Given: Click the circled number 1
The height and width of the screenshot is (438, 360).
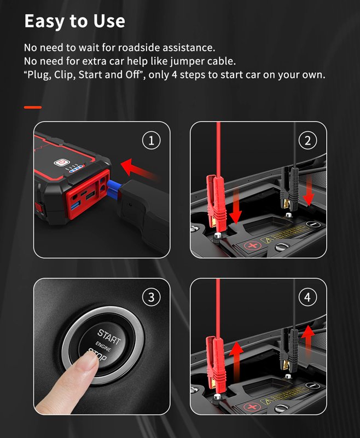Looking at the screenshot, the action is tap(151, 141).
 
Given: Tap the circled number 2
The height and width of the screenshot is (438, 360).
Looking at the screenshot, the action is tap(308, 141).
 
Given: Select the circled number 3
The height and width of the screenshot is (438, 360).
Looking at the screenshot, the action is tap(151, 297).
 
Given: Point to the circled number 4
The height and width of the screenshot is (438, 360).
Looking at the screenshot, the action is tap(308, 297).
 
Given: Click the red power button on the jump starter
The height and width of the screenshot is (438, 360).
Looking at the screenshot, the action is tap(61, 162).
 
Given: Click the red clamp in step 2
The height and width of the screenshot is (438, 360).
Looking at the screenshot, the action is tap(216, 201).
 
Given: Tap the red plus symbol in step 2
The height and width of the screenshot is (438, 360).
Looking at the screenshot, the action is tap(253, 246).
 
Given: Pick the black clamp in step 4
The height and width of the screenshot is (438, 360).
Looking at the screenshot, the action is tap(289, 349).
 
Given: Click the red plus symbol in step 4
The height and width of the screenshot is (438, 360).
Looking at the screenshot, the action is tap(252, 407).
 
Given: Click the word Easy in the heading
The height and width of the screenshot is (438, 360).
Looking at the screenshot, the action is tap(44, 22).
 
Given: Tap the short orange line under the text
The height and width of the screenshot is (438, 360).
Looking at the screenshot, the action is tap(33, 107).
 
